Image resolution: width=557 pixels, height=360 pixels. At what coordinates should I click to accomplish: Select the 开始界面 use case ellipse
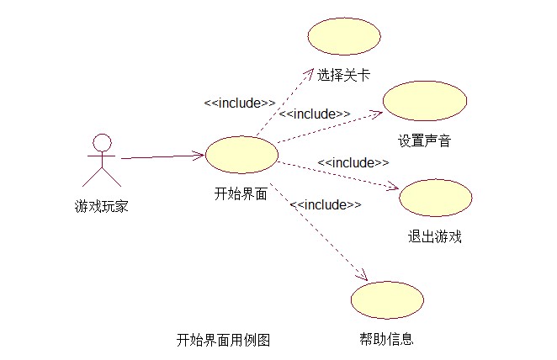click(242, 155)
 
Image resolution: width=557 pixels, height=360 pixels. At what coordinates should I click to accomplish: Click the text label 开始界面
click(241, 193)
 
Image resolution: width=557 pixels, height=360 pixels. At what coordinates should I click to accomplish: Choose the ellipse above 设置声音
click(425, 101)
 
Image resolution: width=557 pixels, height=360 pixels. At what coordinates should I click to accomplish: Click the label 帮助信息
click(386, 340)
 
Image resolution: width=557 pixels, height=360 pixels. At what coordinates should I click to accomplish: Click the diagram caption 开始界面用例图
click(223, 340)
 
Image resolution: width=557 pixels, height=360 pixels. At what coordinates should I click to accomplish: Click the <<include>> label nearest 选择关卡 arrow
click(240, 103)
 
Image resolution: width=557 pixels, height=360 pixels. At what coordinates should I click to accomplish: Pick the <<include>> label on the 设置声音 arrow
click(315, 114)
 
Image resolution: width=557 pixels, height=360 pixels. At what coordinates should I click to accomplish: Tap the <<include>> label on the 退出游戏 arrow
click(353, 162)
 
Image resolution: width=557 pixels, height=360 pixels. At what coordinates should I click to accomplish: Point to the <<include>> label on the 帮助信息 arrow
click(326, 204)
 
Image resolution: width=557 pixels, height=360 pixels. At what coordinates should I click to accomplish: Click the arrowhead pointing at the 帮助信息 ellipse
click(364, 276)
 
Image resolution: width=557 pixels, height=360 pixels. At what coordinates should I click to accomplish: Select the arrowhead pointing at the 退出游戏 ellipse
click(393, 188)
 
